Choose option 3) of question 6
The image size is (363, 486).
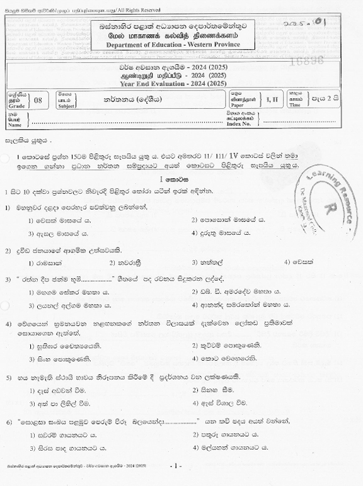pos(69,448)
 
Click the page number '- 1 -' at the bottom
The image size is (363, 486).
pos(176,466)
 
